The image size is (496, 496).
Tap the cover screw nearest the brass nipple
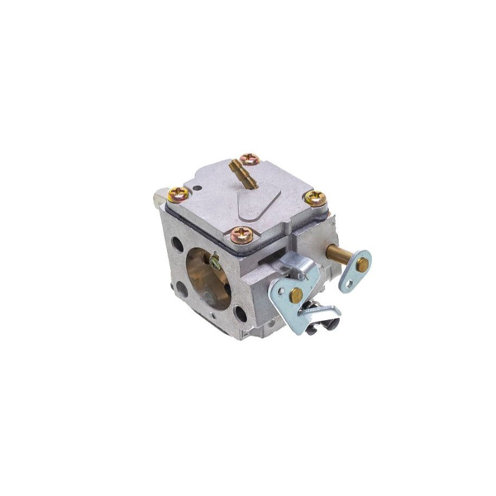click(248, 158)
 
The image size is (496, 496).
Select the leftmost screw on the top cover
click(178, 195)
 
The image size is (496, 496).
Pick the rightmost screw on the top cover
click(315, 198)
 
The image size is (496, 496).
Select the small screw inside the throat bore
click(214, 263)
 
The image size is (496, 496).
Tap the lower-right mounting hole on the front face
click(239, 313)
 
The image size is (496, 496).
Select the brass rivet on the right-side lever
click(362, 265)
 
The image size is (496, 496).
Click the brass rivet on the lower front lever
click(295, 295)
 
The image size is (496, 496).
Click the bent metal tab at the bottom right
click(322, 318)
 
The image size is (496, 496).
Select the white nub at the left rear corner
click(159, 199)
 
